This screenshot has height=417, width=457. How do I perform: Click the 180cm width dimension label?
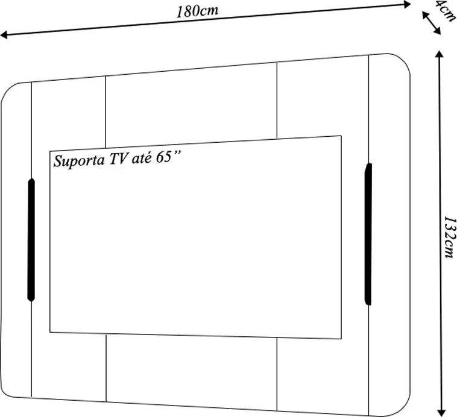click(197, 11)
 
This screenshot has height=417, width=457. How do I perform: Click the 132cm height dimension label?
click(449, 237)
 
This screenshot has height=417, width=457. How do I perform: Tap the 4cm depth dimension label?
click(445, 11)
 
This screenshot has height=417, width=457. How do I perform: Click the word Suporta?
click(79, 160)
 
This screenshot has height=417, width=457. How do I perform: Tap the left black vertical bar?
click(31, 240)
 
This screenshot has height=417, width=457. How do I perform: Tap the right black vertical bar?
click(368, 234)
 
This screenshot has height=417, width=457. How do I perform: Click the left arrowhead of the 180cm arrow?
click(4, 36)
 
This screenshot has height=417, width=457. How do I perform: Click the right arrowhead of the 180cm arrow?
click(407, 4)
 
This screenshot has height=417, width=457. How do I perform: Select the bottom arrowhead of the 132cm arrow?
click(442, 413)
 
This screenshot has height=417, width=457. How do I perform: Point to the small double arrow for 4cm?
click(431, 23)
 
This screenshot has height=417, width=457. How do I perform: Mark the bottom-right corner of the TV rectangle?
click(341, 339)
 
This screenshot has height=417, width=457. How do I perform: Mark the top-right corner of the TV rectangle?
click(341, 136)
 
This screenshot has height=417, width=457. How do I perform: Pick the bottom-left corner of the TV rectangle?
click(50, 332)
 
